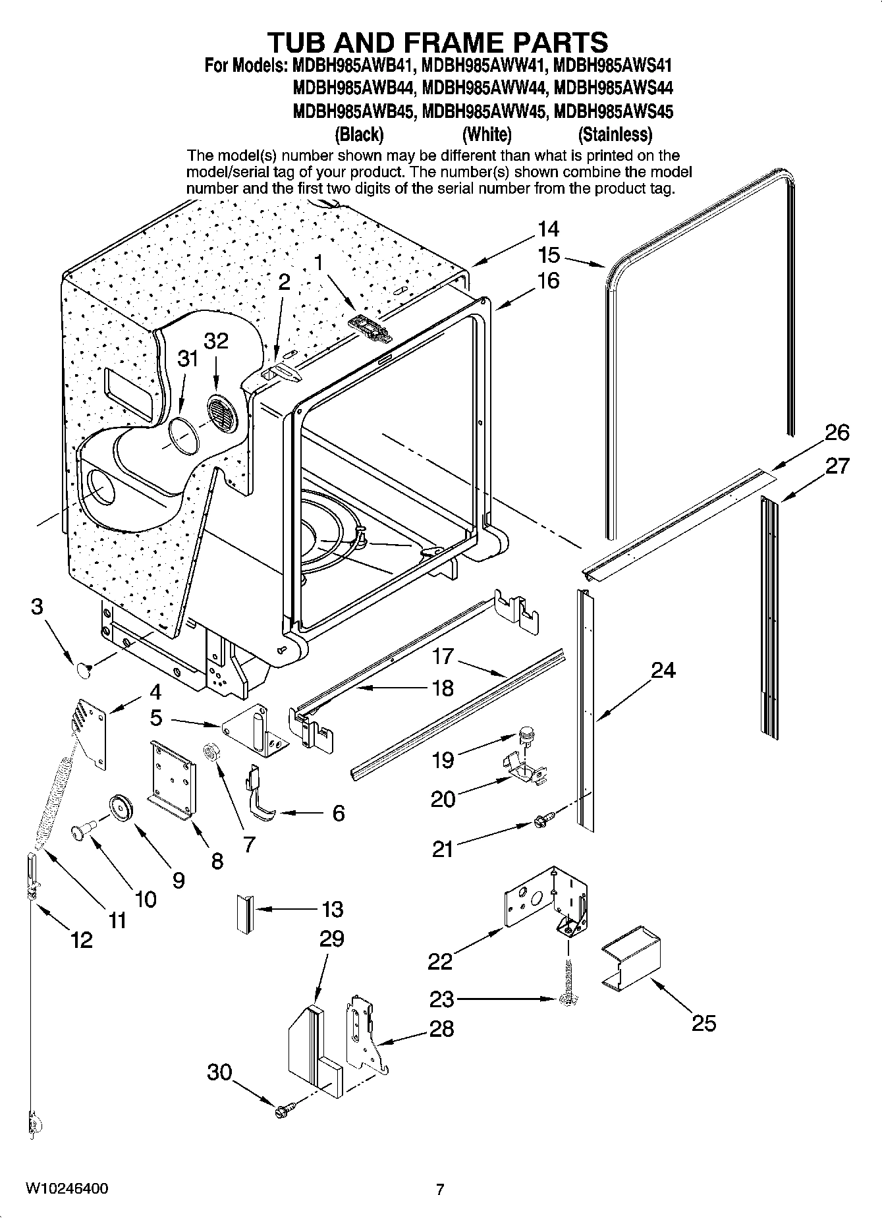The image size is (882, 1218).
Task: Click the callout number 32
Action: pos(216,341)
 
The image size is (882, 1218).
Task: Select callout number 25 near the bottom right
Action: pos(703,1023)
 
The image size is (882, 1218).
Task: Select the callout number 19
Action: pos(443,760)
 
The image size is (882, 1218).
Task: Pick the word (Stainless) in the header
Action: pos(615,135)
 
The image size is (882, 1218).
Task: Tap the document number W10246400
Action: pos(67,1189)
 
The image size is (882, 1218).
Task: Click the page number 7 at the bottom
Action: pos(440,1190)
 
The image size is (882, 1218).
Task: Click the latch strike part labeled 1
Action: pos(370,328)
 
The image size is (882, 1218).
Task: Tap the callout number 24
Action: pos(663,671)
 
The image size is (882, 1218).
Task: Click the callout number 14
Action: pos(548,229)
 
